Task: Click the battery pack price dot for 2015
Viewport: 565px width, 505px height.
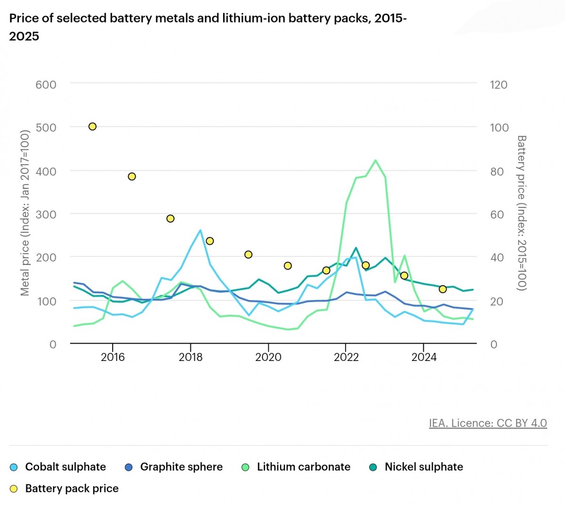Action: point(93,127)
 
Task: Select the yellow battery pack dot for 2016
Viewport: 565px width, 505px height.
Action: point(132,176)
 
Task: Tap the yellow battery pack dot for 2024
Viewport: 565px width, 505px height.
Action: point(443,289)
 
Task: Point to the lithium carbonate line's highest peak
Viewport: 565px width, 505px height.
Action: point(375,160)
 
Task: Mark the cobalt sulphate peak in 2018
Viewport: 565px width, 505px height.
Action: point(201,230)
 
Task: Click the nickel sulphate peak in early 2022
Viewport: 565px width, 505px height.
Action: point(355,248)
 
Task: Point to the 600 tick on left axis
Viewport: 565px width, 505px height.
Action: point(46,85)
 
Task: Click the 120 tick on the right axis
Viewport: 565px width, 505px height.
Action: point(499,85)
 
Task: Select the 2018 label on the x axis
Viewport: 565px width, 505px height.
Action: point(191,357)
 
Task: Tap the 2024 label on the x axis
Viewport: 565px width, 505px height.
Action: point(424,357)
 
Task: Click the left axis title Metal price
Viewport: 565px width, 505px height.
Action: point(25,213)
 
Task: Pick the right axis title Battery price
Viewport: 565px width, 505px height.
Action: point(521,213)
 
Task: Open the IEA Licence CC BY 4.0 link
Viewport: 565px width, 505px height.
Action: point(488,423)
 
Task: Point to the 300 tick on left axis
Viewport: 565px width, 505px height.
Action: point(46,214)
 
